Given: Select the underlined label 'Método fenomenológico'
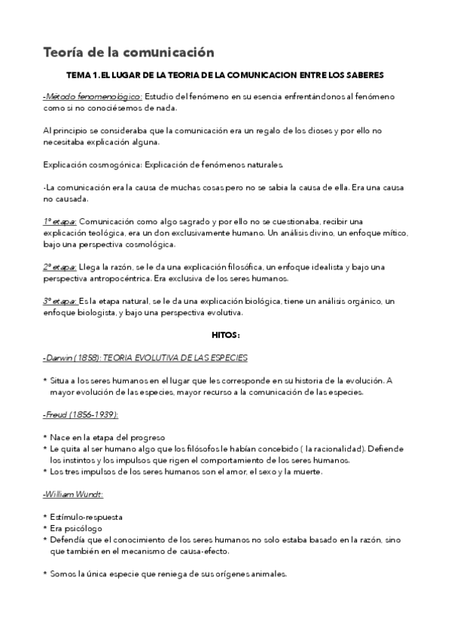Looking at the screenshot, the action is (x=93, y=96).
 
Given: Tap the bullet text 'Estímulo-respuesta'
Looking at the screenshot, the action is (x=87, y=517).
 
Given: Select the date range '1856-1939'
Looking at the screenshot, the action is (x=97, y=415).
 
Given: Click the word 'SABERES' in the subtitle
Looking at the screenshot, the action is (x=364, y=75).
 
